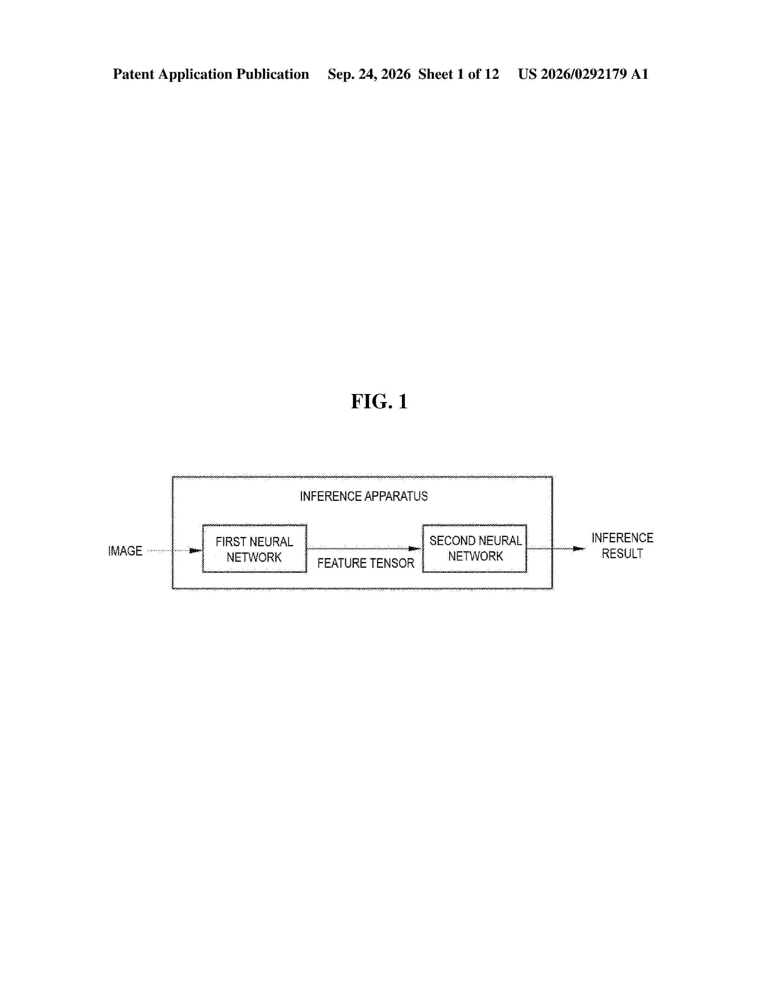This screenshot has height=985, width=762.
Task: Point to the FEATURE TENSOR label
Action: tap(366, 563)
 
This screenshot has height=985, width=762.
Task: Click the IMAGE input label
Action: tap(125, 551)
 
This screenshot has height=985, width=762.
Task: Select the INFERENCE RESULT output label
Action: tap(622, 546)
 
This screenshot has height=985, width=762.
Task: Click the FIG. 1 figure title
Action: tap(379, 401)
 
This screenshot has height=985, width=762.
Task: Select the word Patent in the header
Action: tap(134, 74)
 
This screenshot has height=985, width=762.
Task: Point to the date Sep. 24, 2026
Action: tap(369, 74)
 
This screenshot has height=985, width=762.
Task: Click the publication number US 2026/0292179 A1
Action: tap(583, 74)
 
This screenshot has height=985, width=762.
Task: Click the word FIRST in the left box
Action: tap(231, 542)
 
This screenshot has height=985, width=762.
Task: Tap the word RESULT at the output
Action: tap(622, 554)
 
